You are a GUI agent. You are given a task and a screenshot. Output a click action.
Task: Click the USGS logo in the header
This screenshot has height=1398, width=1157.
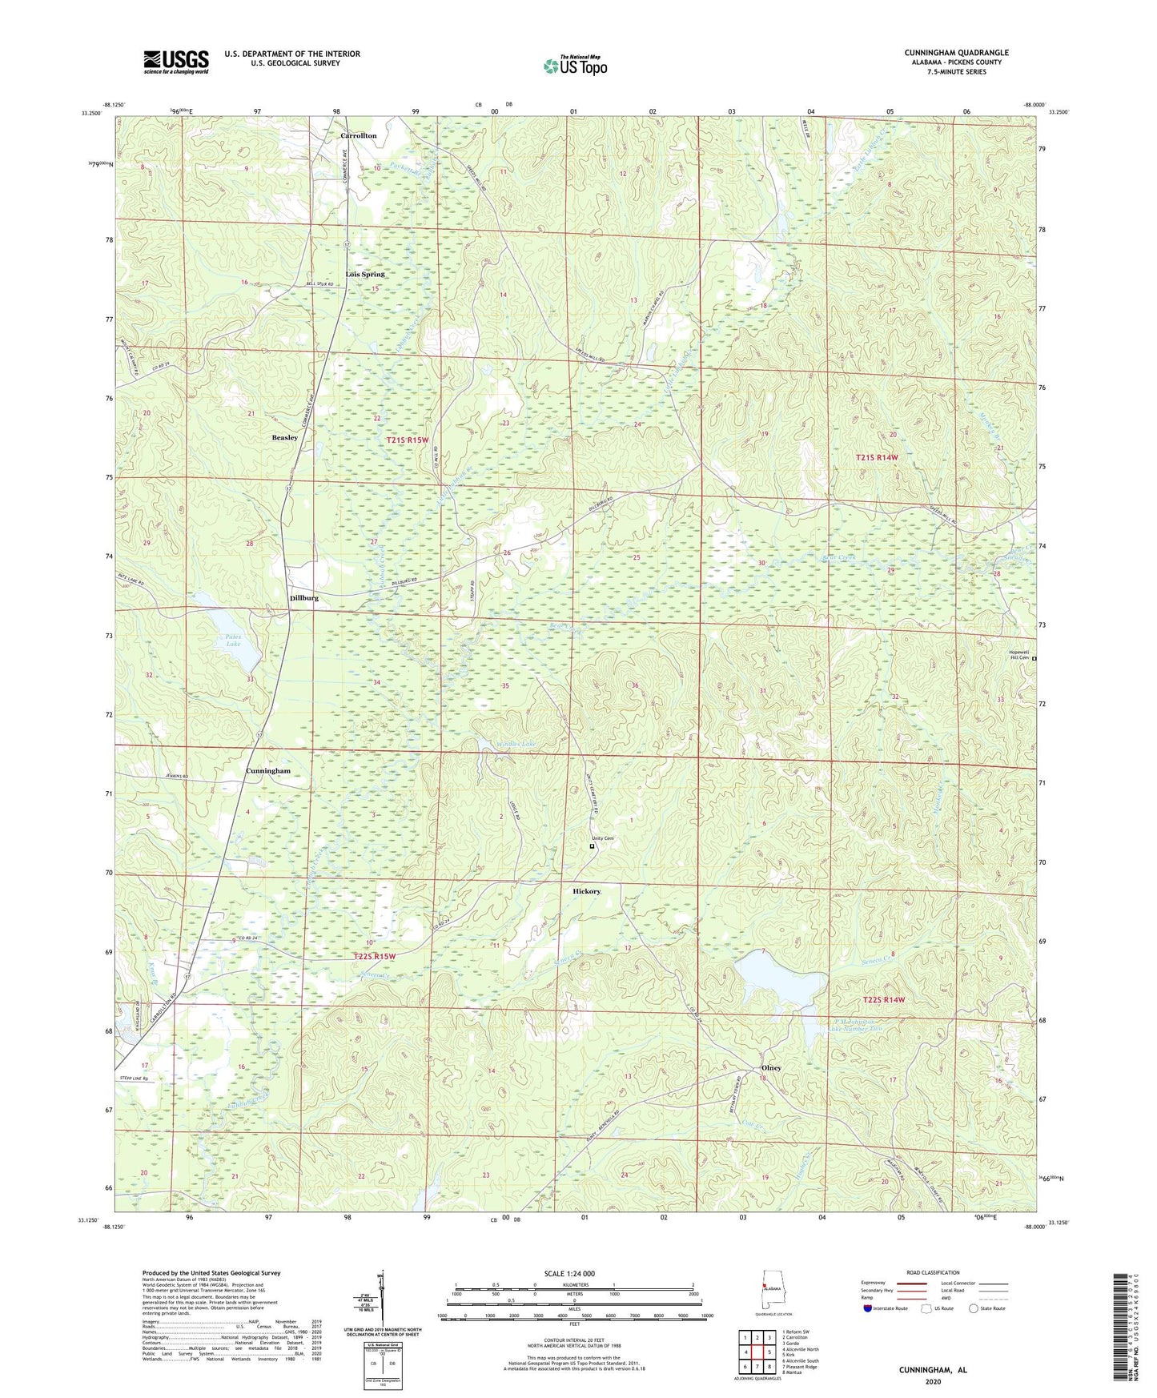[x=175, y=62]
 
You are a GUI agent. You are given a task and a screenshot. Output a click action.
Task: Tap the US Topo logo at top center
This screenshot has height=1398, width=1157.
[x=575, y=66]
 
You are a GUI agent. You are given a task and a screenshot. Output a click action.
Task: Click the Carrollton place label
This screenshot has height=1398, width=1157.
[x=358, y=135]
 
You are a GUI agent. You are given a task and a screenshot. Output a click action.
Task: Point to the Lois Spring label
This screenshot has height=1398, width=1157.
[x=365, y=274]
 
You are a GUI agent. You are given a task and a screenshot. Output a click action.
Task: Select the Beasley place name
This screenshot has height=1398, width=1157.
[x=284, y=438]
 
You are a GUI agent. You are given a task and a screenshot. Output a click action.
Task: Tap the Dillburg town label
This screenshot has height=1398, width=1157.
[x=304, y=597]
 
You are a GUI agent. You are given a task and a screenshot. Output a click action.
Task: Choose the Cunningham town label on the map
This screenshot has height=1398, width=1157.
[x=268, y=770]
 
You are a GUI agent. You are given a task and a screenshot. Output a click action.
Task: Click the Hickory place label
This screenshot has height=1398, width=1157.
[x=586, y=891]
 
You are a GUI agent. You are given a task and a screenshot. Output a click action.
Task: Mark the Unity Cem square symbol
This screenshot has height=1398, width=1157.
[x=593, y=846]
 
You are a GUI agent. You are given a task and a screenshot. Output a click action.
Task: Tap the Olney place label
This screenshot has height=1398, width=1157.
[x=770, y=1068]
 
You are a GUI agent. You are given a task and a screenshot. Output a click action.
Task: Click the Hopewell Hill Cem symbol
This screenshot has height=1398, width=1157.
[x=1034, y=659]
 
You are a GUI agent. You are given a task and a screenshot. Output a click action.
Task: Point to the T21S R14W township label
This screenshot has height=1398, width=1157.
[x=877, y=457]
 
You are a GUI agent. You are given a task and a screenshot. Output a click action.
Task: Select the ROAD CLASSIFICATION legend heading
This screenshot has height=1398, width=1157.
[x=933, y=1272]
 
